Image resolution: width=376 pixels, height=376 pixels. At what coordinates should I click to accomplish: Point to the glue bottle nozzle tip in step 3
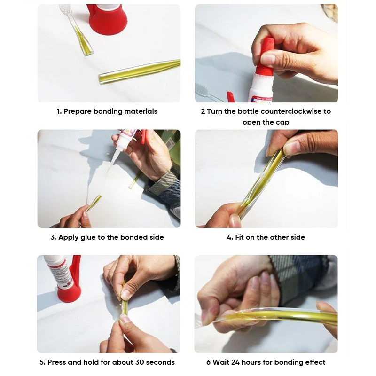coord(113,165)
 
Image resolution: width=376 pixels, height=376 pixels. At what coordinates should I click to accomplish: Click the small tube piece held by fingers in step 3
coord(94,202)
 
